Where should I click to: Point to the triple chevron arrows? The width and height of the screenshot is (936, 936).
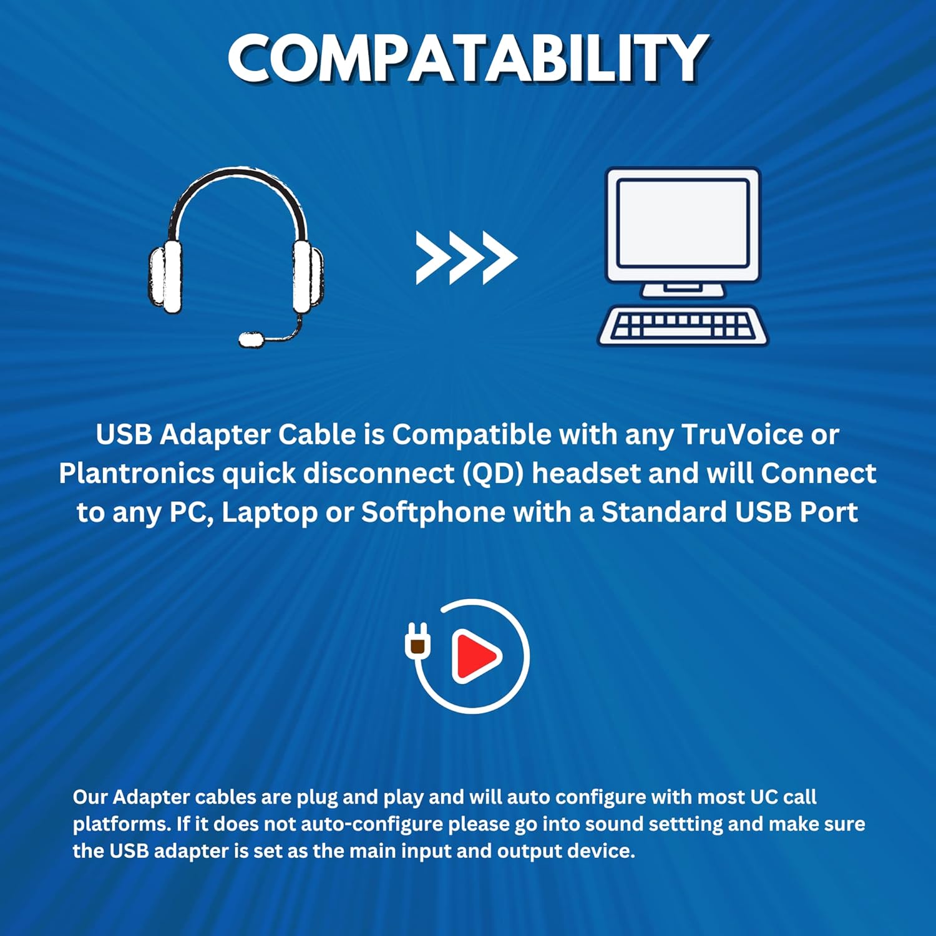tap(466, 258)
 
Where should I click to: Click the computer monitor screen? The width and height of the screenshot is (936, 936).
tap(683, 223)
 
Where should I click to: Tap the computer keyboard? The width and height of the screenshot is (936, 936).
tap(683, 325)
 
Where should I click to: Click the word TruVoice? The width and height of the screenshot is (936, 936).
tap(742, 434)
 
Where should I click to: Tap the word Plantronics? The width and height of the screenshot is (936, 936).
tap(137, 473)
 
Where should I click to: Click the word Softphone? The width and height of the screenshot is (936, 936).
tap(433, 512)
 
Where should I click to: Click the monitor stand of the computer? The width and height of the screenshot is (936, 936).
tap(683, 289)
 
